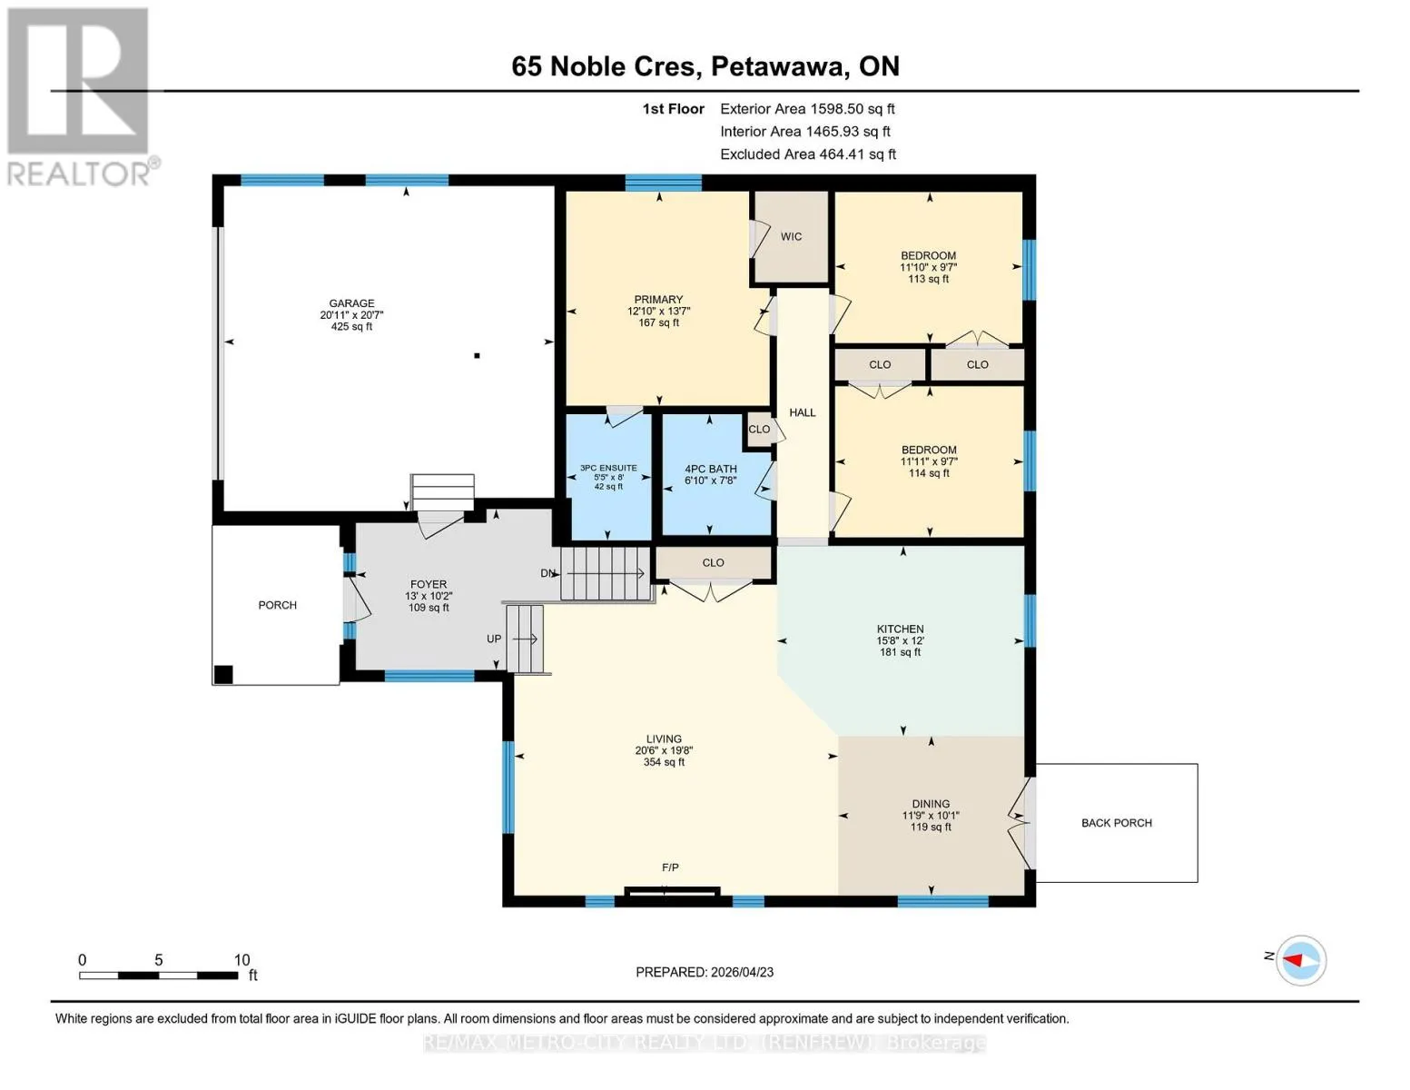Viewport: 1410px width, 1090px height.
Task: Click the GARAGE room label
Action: pos(351,303)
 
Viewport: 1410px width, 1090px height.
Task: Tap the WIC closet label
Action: pos(791,236)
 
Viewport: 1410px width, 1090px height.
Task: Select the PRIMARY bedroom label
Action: pos(658,299)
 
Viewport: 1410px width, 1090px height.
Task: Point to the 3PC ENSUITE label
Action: pos(608,468)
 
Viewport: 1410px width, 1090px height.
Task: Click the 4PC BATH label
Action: pos(711,469)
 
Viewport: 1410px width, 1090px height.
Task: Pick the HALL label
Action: pos(802,412)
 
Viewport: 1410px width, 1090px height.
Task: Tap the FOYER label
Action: pos(429,584)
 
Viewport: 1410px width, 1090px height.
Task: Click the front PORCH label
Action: pos(277,605)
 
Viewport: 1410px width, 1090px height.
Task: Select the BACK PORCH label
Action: pos(1116,823)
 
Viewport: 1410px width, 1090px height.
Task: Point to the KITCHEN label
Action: pos(900,629)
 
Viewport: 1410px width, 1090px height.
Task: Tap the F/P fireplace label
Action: pos(670,867)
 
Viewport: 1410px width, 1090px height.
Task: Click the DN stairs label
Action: pos(548,573)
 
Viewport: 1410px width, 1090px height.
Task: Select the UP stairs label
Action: pos(494,639)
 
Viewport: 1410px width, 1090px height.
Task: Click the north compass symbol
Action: pos(1300,960)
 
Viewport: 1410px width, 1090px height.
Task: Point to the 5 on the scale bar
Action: pos(158,959)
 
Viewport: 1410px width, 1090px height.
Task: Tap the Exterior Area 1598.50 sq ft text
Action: pos(807,109)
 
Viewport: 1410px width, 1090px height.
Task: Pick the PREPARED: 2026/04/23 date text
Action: pos(705,972)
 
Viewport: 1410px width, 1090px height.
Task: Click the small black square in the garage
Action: pos(477,356)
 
